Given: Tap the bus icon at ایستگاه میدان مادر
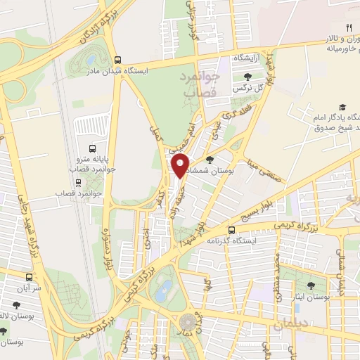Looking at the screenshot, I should (118, 60).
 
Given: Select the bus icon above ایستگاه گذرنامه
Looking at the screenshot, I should (231, 230).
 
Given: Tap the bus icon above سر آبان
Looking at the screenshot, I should (29, 277).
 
